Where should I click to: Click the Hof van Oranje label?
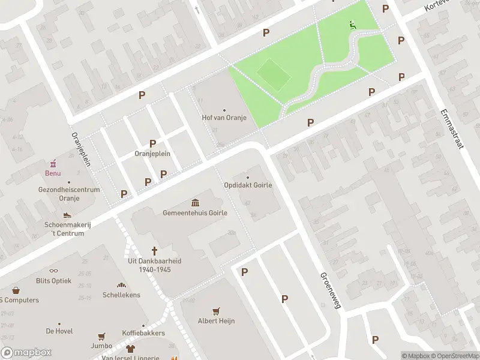point(224,118)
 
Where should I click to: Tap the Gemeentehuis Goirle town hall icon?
point(195,203)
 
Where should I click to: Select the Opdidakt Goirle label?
point(248,185)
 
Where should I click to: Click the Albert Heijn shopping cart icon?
point(216,311)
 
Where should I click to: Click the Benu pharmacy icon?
point(53,163)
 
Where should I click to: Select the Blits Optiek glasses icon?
point(53,271)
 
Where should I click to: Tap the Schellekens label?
point(121,295)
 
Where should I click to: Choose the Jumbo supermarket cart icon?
point(102,337)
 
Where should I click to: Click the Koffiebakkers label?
point(143,333)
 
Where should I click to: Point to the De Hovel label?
point(59,331)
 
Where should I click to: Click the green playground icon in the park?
point(352,25)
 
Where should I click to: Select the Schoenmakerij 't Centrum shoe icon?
point(67,215)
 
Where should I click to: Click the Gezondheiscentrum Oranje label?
point(68,194)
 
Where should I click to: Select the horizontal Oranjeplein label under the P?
point(152,154)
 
